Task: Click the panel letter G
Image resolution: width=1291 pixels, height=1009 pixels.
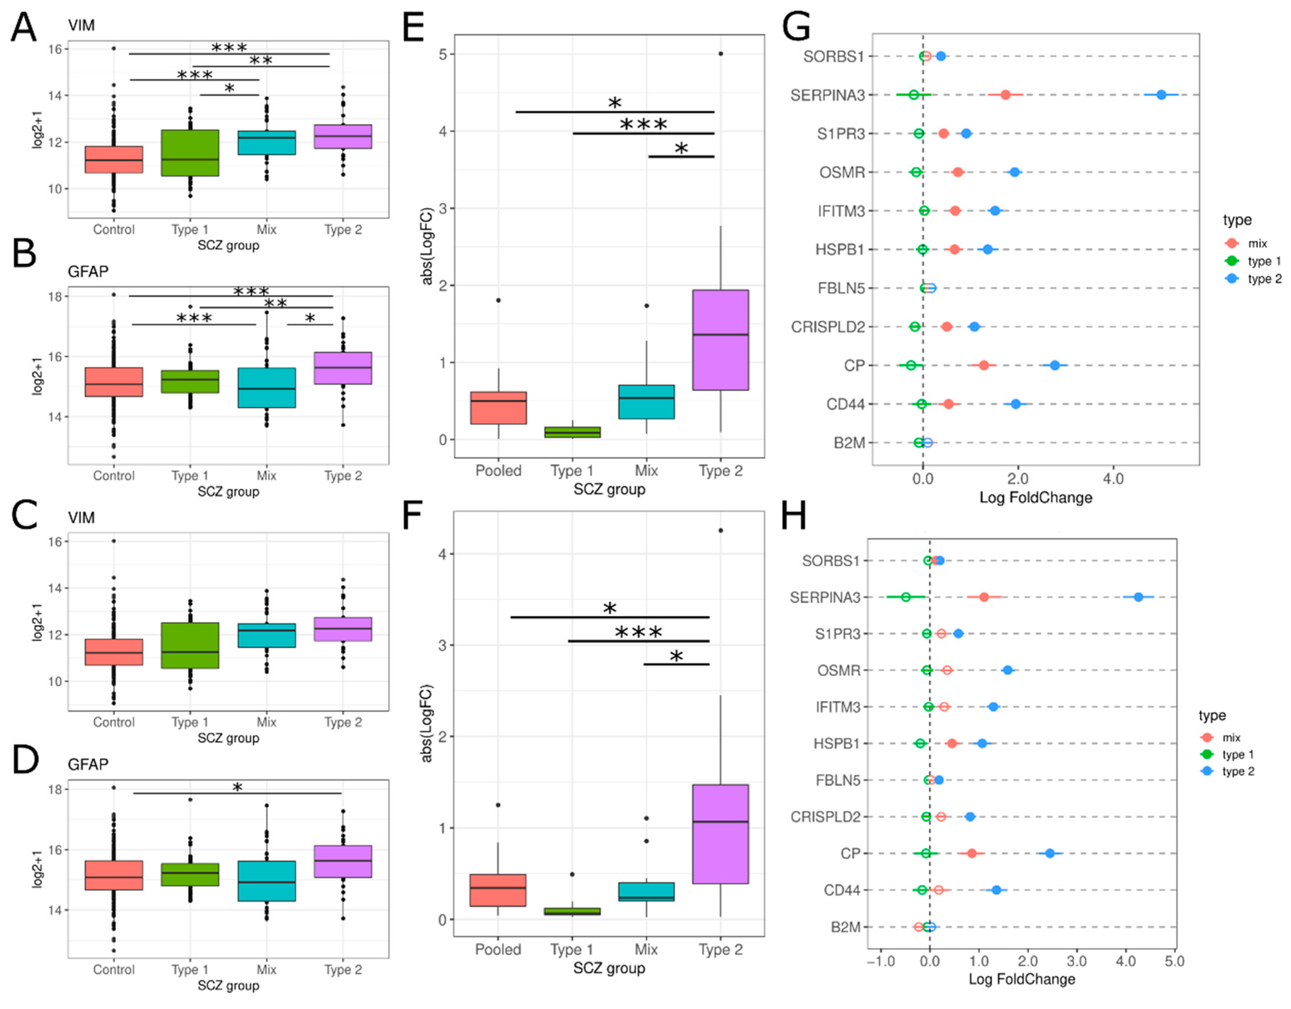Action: pos(796,27)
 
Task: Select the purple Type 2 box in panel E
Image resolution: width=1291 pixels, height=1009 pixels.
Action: pos(720,340)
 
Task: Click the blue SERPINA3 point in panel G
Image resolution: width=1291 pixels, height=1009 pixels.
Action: pos(1161,94)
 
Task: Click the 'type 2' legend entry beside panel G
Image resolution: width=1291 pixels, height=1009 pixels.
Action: pos(1264,279)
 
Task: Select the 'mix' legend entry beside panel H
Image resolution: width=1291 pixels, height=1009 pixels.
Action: pos(1231,738)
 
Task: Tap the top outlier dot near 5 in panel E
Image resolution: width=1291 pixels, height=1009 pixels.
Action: pos(720,54)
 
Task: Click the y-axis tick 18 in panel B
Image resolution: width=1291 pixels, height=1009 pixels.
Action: pos(56,297)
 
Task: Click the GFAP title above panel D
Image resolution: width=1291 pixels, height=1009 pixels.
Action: pos(88,765)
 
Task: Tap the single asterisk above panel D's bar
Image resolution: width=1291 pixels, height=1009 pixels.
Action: pos(237,787)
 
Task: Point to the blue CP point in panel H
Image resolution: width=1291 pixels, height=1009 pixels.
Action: pos(1050,854)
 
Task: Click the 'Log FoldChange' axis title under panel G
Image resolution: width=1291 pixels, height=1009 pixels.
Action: pos(1036,497)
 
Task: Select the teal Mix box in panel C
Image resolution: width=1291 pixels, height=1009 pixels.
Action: pos(266,635)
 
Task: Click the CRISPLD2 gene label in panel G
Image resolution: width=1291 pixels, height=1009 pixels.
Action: pos(828,327)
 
